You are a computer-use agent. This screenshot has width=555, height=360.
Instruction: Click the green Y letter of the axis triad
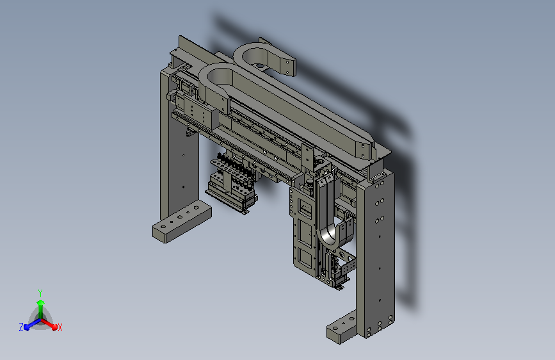[x=40, y=293]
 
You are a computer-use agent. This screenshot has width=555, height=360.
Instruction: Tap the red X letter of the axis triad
[x=60, y=327]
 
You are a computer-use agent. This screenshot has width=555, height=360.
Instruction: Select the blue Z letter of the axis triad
[x=21, y=327]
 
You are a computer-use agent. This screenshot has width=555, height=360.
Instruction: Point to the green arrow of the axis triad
[x=40, y=309]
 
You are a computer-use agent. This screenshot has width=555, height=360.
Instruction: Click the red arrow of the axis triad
[x=49, y=324]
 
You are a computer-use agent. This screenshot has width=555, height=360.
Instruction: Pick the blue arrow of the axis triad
[x=32, y=324]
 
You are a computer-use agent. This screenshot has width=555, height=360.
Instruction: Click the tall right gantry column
[x=376, y=255]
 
